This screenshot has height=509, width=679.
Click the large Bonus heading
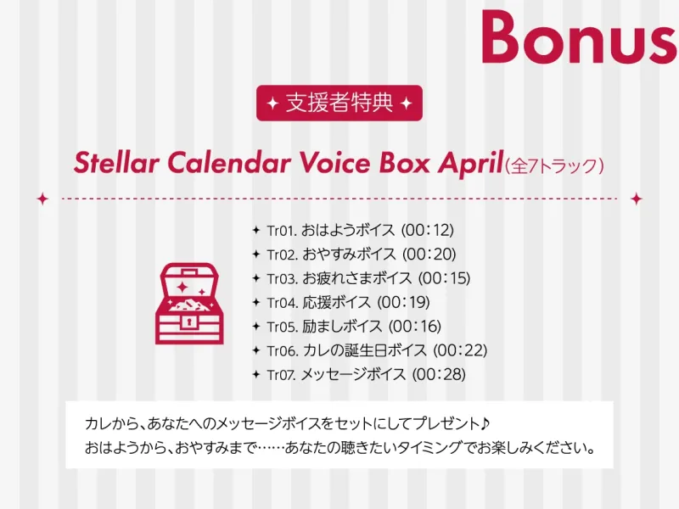pos(580,36)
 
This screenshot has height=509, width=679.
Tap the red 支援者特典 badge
pos(339,103)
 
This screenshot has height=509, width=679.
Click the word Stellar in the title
pos(116,163)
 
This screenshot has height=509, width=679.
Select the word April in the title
pos(470,164)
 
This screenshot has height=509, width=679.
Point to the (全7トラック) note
pos(554,165)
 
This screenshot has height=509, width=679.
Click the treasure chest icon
pos(189,304)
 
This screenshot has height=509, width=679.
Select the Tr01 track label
pos(282,230)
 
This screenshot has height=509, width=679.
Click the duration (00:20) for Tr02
pos(429,254)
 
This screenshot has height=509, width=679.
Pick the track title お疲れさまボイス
pos(356,278)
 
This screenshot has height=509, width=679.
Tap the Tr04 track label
pos(282,303)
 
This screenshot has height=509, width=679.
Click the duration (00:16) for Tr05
pos(414,327)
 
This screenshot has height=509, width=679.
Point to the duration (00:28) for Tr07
pos(439,374)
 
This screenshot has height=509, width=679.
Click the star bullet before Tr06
pos(256,350)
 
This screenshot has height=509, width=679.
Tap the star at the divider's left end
pos(42,199)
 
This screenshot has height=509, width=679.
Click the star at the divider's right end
pos(636,199)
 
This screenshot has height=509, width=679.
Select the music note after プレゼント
pos(485,422)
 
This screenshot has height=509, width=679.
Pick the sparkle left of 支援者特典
pos(272,103)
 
